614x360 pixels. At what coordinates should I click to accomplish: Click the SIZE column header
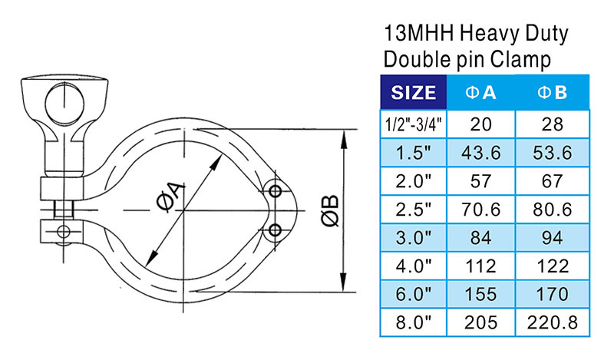click(414, 93)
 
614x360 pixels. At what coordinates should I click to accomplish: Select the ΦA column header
click(481, 93)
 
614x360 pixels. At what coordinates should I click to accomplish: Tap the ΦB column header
click(551, 93)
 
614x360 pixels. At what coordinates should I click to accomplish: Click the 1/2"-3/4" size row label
click(413, 124)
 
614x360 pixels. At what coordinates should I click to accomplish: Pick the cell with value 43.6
click(481, 153)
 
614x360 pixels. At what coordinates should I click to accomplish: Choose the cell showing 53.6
click(551, 153)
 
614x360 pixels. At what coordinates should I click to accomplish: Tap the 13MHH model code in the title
click(415, 34)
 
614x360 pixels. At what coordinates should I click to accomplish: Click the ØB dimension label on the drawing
click(329, 211)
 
